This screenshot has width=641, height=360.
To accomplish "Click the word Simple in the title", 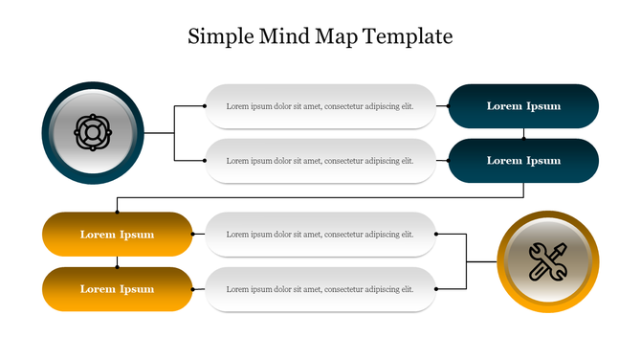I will coord(219,37).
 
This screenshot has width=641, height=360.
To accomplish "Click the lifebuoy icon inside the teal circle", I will coord(93,132).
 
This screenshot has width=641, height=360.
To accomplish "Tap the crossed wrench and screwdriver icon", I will coord(547,261).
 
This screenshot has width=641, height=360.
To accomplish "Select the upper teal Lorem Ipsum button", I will coord(523,106).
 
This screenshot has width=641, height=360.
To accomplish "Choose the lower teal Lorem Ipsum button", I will coord(523,161).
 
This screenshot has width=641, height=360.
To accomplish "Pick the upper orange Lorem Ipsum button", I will coord(117,234).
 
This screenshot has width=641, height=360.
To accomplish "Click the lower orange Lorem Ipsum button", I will coord(117,289).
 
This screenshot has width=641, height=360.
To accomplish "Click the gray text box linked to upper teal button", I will coord(320,106).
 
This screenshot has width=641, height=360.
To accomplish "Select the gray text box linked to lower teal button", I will coord(320,161).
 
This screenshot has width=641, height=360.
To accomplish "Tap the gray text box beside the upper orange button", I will coord(320,234).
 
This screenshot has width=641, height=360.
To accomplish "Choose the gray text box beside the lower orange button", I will coord(320,289).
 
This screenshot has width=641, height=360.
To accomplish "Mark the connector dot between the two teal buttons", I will coord(523,138).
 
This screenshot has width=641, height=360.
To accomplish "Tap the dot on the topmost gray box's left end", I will coord(207,106).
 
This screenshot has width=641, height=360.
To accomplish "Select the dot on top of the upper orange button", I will coord(117,213).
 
